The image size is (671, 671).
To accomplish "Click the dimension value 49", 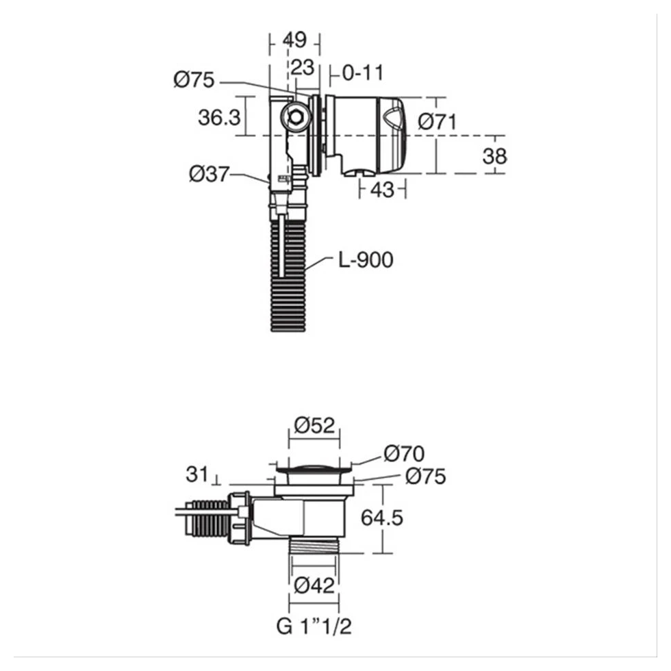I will click(x=295, y=40).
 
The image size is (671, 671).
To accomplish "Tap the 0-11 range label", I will click(x=363, y=72).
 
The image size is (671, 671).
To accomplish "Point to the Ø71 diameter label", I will click(x=438, y=121).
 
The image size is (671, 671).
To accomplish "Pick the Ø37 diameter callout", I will click(x=209, y=175).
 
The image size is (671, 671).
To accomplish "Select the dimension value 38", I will click(x=494, y=156).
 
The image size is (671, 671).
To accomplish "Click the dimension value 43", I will click(x=382, y=190).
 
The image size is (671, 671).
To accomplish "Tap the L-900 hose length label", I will click(x=365, y=260).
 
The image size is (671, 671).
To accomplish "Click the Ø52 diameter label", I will click(x=315, y=426).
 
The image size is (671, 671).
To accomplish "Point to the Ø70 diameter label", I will click(x=404, y=453).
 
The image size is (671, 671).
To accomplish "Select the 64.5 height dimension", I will click(x=382, y=517).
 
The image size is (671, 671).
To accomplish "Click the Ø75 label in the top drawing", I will click(x=194, y=81).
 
